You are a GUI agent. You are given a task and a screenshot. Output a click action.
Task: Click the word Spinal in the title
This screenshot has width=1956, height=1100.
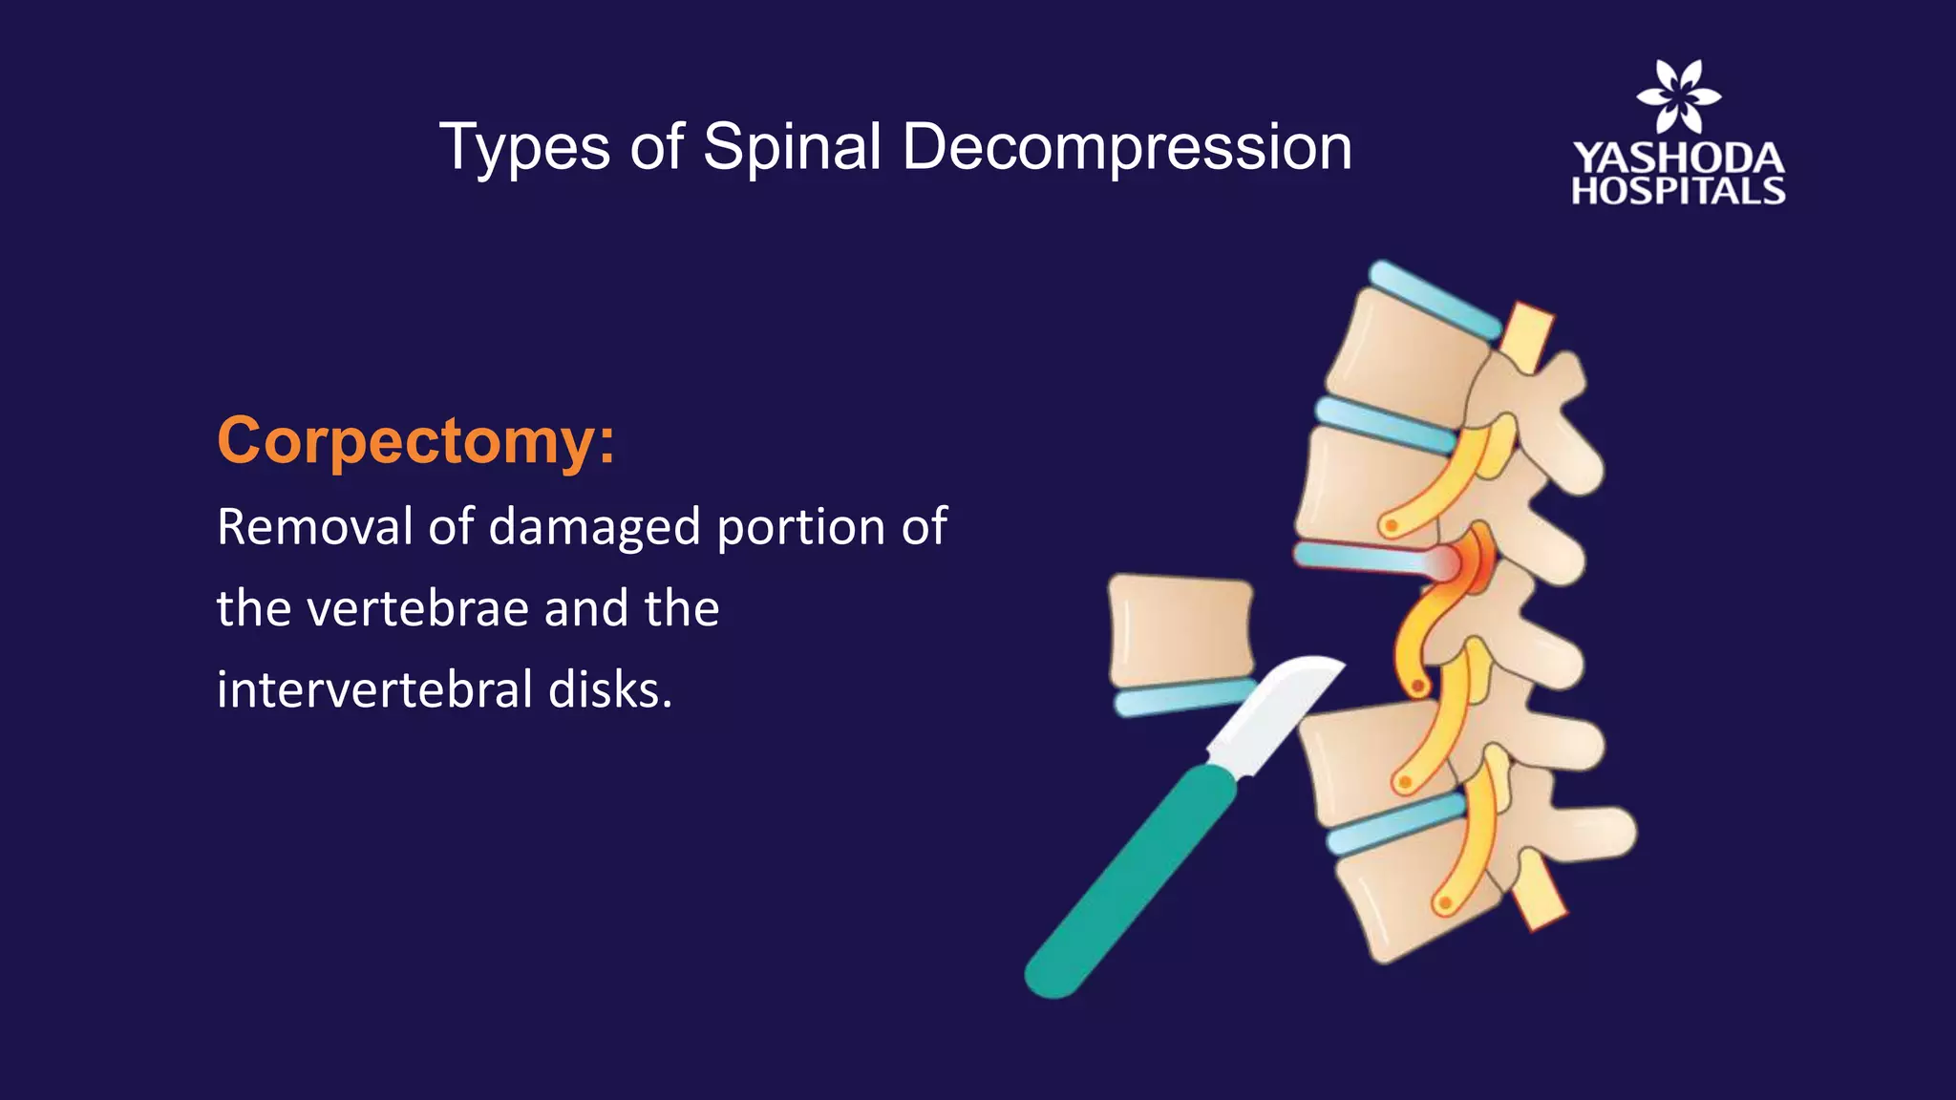click(x=792, y=148)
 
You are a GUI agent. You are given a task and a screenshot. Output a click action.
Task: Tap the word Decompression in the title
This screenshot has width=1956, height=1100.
click(x=1126, y=148)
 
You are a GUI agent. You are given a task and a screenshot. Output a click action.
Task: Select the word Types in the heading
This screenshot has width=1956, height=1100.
click(x=524, y=148)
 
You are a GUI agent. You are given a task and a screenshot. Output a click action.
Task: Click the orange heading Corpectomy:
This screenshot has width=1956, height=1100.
click(x=416, y=441)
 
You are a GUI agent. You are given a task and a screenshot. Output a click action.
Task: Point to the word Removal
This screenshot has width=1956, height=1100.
click(x=313, y=527)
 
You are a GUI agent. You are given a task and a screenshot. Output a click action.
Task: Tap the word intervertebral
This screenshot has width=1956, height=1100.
click(x=373, y=689)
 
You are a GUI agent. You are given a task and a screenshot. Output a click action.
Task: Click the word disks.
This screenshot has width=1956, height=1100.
click(x=610, y=689)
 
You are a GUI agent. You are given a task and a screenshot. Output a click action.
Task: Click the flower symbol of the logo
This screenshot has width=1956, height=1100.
click(x=1678, y=95)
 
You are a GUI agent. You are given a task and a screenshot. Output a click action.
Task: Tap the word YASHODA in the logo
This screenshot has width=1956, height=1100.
click(x=1678, y=158)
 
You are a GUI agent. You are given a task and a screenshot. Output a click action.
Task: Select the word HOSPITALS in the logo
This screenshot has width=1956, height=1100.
click(x=1678, y=191)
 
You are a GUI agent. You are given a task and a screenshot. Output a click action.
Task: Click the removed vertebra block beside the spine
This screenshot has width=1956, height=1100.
click(x=1180, y=630)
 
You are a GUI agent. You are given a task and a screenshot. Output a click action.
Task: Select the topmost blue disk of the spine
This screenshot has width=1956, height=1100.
click(x=1433, y=299)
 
